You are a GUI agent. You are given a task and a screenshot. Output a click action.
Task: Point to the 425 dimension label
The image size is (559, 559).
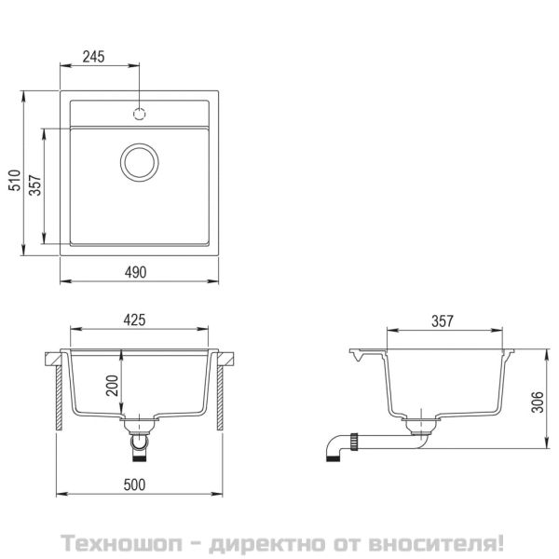(136, 321)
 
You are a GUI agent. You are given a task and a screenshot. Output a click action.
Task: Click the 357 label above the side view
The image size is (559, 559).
(442, 321)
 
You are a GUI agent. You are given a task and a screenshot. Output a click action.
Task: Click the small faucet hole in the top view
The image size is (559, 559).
(140, 114)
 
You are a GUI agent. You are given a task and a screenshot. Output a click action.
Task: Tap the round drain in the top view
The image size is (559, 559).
(140, 161)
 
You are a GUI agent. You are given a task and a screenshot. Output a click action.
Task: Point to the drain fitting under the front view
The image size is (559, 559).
(140, 438)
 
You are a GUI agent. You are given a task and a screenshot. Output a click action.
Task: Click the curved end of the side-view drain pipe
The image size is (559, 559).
(333, 450)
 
